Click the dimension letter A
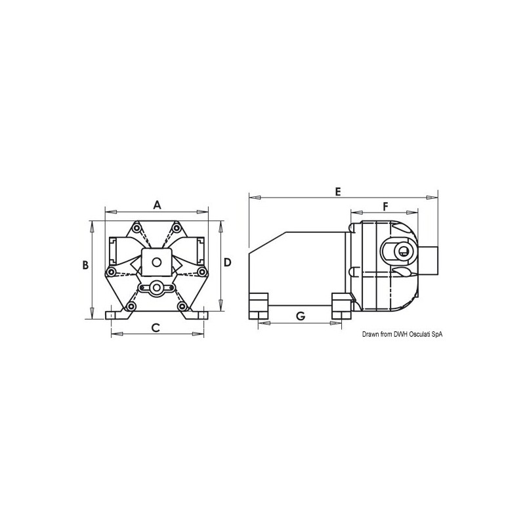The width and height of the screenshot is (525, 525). click(x=157, y=205)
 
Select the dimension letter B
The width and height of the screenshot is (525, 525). click(x=85, y=265)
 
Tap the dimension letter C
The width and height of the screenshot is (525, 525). click(x=156, y=327)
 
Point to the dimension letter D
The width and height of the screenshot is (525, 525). click(x=228, y=262)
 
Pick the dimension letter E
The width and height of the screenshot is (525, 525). click(x=338, y=192)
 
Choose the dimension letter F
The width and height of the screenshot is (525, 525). click(x=386, y=206)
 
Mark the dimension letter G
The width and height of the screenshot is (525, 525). click(x=301, y=316)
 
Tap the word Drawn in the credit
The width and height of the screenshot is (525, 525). click(x=371, y=335)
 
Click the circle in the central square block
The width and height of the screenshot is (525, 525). click(x=156, y=262)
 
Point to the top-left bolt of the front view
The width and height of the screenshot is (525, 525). click(x=136, y=228)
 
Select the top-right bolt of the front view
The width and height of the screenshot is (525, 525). click(x=177, y=228)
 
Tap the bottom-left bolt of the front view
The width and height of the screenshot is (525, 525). click(x=131, y=306)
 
